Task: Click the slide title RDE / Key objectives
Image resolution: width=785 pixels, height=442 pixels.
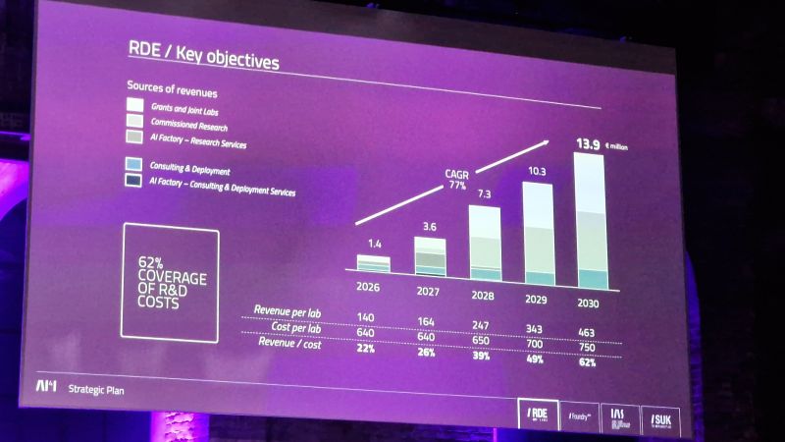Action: click(205, 57)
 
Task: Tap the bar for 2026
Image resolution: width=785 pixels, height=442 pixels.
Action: click(373, 263)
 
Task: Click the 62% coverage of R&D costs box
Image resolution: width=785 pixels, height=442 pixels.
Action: click(171, 284)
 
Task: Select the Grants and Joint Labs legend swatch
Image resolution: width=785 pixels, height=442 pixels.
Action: click(135, 105)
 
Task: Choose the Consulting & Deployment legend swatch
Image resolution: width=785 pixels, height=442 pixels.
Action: click(134, 164)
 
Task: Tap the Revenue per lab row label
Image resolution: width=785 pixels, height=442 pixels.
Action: click(288, 310)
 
